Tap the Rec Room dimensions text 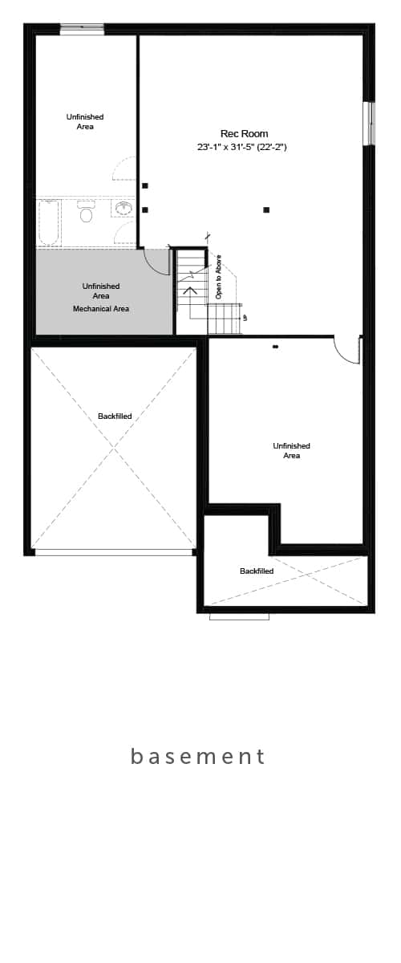(241, 147)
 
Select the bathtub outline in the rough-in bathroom (49, 222)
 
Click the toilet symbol (86, 213)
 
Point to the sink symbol (124, 209)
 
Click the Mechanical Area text (101, 309)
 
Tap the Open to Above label (218, 277)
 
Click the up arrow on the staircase (191, 290)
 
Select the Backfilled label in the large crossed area (115, 416)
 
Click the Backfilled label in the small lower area (257, 571)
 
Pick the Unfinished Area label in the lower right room (291, 450)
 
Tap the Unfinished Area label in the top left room (85, 122)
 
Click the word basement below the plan (198, 757)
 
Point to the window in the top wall (82, 29)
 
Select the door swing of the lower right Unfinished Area (348, 351)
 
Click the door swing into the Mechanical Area (156, 263)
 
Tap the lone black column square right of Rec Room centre (266, 210)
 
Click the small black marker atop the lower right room (275, 347)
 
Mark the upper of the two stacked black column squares (145, 186)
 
